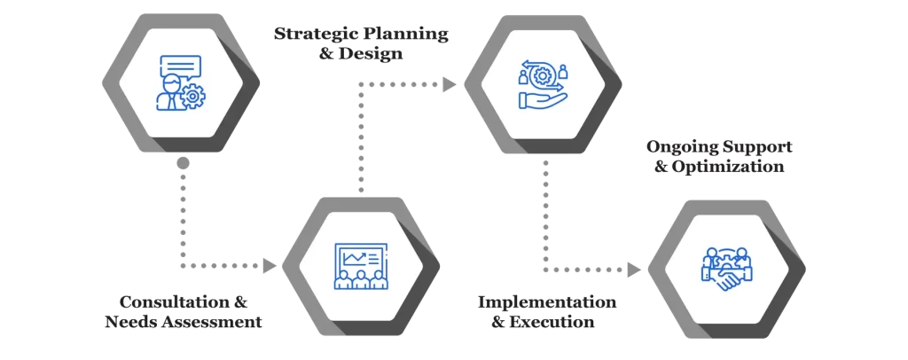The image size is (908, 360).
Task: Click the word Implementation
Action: coord(547,301)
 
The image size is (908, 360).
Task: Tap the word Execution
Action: coord(555,321)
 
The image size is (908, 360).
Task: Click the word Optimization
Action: coord(732,166)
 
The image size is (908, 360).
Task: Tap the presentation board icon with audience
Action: coord(358,266)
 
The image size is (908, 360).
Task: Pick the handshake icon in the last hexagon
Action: coord(727,270)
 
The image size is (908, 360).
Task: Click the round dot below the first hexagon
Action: coord(183,163)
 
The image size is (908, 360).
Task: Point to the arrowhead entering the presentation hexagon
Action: coord(271,265)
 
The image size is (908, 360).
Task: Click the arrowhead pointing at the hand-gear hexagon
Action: coord(450,85)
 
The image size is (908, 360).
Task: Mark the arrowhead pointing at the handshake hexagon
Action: coord(634,268)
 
